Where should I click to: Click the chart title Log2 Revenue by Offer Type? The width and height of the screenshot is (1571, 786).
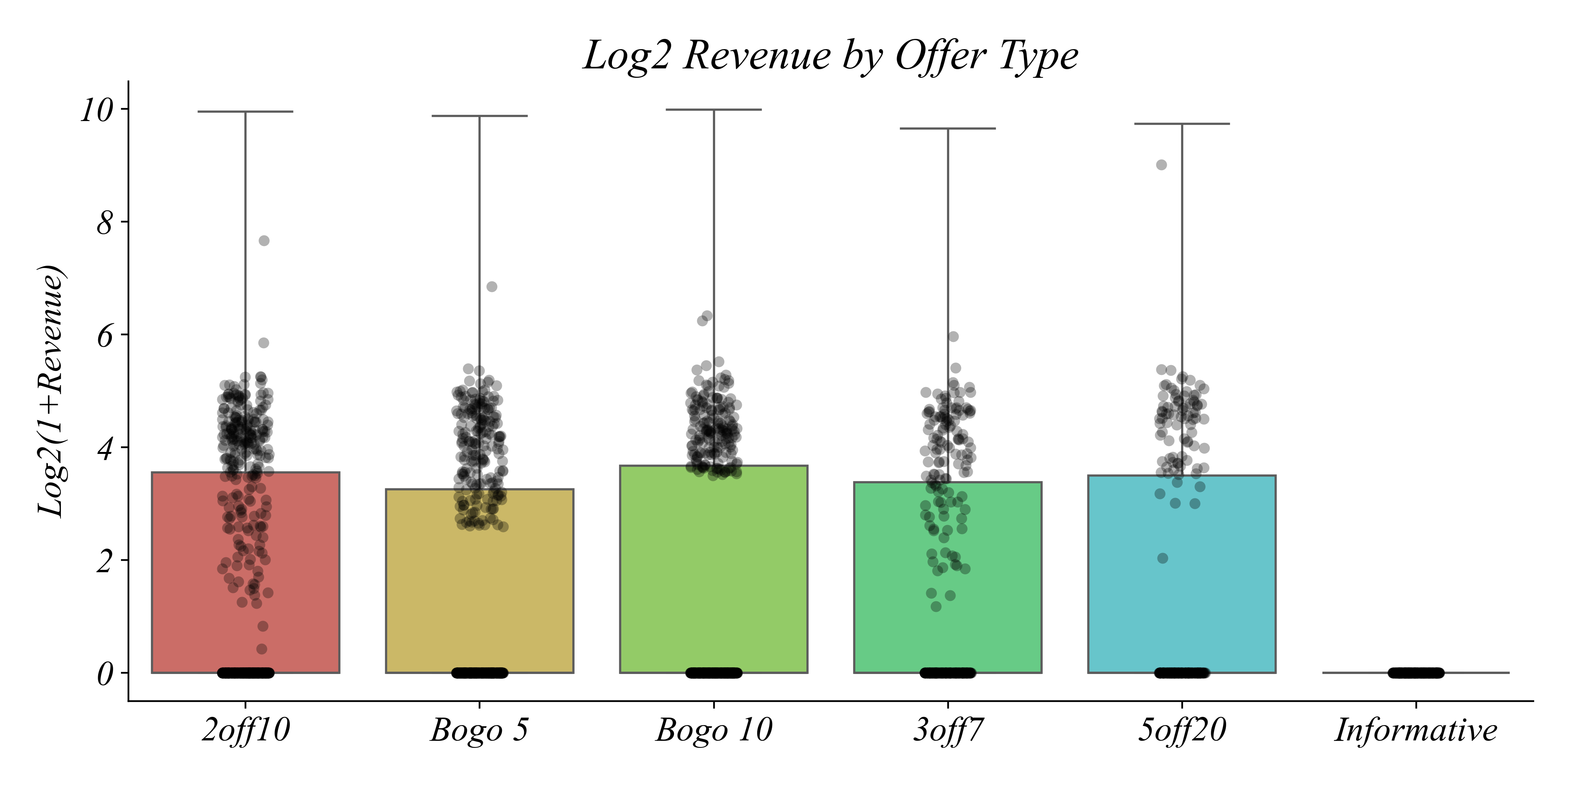(831, 56)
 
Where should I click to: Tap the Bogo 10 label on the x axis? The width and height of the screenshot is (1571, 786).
(714, 731)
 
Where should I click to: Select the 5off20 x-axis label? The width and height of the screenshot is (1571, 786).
(1181, 731)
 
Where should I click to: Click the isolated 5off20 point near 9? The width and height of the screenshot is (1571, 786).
(1162, 165)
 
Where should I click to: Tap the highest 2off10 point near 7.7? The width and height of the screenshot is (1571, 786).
(264, 241)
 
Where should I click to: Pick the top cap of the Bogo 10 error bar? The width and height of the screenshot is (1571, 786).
(714, 110)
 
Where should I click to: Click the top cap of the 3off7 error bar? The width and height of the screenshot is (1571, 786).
(948, 129)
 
